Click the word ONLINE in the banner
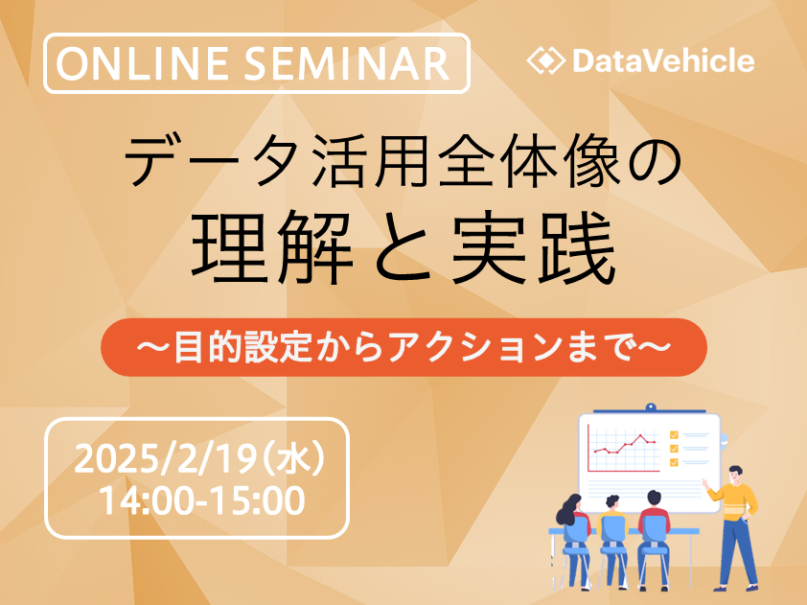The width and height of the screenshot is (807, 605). coord(142,64)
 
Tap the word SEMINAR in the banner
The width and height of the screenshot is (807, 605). coord(347,64)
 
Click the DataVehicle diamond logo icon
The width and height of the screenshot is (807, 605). coord(546,60)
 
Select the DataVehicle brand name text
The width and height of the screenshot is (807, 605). coord(663,60)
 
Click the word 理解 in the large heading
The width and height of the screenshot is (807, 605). coord(272,248)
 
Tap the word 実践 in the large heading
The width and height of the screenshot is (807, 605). coord(534,248)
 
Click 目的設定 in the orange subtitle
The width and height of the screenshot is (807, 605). coord(242,347)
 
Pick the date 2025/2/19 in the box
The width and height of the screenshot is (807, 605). coord(165,459)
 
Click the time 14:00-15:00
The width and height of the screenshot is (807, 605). coord(201,500)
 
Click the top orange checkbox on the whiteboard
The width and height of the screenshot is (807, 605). coord(674,435)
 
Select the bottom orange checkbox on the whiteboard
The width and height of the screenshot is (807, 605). coord(674,462)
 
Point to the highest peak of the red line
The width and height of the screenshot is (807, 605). coord(641,435)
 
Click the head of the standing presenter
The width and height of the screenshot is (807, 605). coord(735,475)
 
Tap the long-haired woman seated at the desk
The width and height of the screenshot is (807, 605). coord(574,536)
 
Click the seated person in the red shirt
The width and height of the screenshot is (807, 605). coord(654,536)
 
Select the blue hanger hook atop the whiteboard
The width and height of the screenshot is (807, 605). coord(651,407)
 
